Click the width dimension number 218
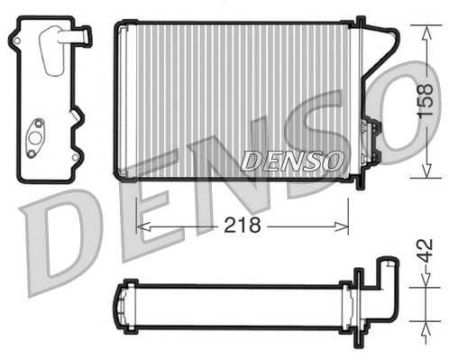point(241,226)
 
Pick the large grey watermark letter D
point(63,239)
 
